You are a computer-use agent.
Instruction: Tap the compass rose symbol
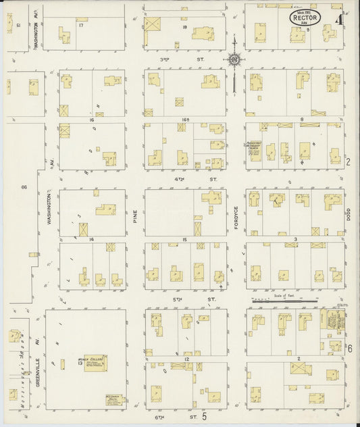point(234,59)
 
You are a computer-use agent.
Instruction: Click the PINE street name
point(135,216)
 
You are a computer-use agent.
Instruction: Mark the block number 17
point(81,25)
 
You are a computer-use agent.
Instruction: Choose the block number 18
point(184,26)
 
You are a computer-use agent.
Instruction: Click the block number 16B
point(184,119)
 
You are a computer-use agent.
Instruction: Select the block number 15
point(184,239)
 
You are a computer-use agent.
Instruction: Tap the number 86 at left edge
point(24,186)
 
